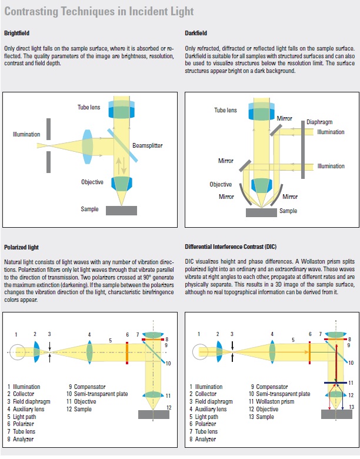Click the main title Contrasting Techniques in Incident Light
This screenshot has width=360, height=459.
pos(99,12)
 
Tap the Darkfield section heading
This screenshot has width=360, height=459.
pos(196,34)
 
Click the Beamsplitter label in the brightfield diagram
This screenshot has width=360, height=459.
pos(147,145)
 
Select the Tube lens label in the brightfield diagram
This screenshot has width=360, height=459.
pos(91,107)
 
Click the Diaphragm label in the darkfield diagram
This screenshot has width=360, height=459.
pos(319,122)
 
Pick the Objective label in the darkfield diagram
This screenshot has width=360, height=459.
pos(221,184)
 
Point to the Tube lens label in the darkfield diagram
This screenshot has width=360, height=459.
pos(225,110)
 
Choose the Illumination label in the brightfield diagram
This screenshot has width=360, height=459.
pos(26,135)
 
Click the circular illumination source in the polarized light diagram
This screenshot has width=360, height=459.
pos(18,352)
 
